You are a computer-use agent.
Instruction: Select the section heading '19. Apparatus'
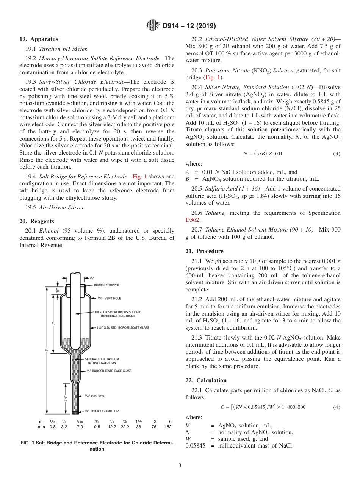click(x=39, y=39)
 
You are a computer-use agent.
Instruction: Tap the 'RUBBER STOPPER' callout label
click(x=106, y=285)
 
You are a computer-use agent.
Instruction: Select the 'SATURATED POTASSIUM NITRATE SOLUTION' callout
click(x=102, y=361)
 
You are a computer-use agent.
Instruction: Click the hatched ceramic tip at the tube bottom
click(x=75, y=412)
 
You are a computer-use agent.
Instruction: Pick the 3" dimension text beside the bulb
click(x=53, y=325)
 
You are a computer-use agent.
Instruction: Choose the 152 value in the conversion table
click(x=167, y=427)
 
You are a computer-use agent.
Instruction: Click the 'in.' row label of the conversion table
click(x=41, y=421)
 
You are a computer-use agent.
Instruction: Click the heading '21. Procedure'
click(x=204, y=251)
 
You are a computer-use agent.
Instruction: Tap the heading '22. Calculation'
click(x=206, y=380)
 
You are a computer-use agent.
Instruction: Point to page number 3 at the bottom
click(x=180, y=465)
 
